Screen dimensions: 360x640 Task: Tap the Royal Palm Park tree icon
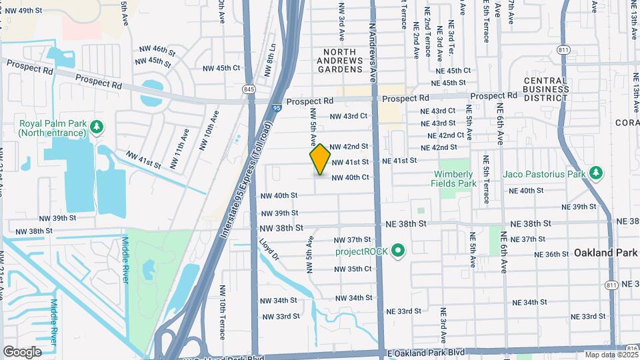coord(97,125)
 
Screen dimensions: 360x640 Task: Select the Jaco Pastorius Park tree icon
coord(597,175)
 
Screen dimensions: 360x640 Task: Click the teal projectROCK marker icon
coord(399,251)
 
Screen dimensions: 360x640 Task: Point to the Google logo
coord(22,351)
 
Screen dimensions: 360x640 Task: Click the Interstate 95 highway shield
coord(277,106)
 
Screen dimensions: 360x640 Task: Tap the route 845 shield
coord(249,89)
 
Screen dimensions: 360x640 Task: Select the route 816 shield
coord(633,349)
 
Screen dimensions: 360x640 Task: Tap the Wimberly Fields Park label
coord(453,178)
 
